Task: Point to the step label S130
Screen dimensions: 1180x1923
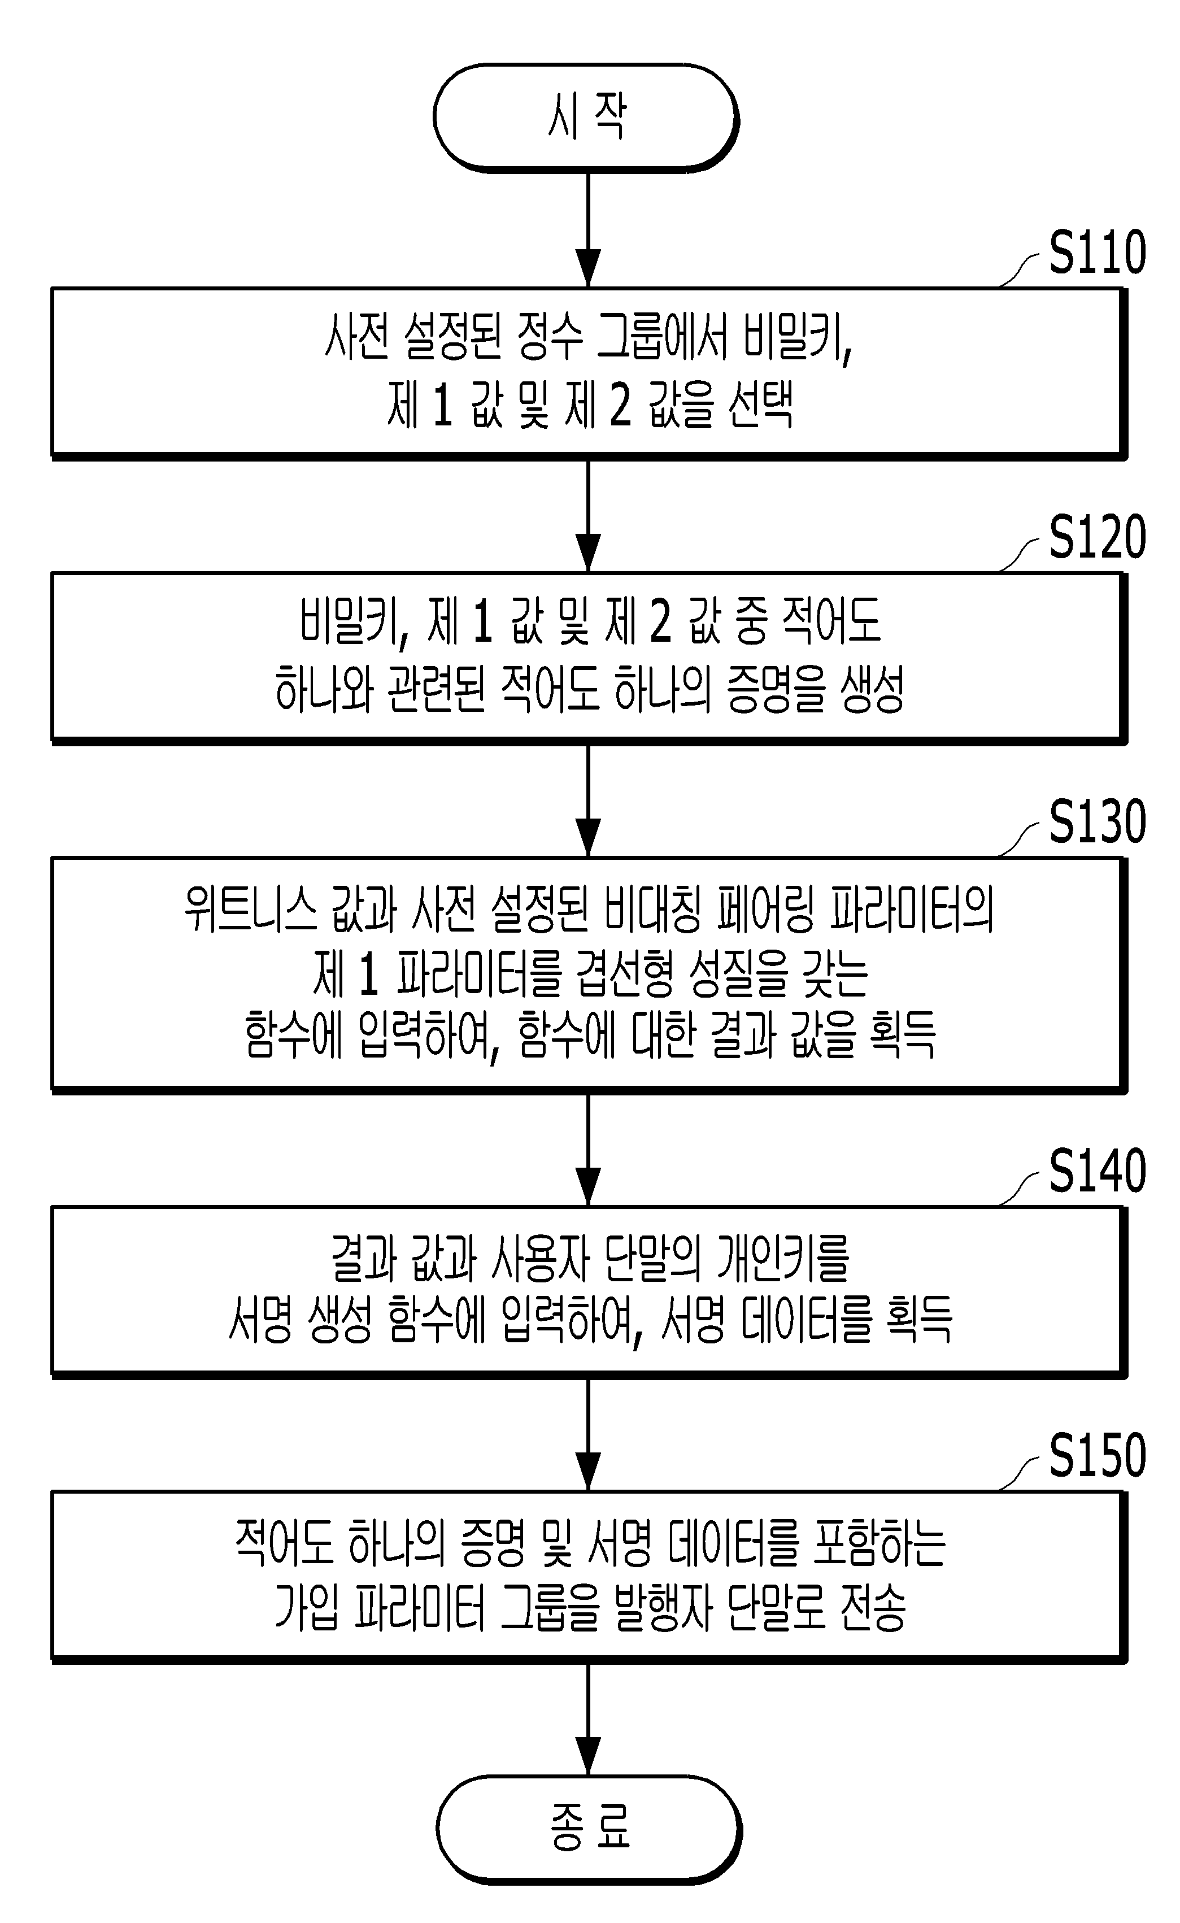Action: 1098,822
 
